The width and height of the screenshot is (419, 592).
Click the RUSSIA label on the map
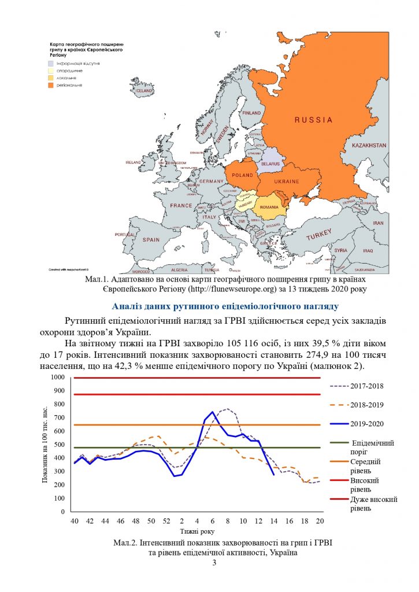click(x=313, y=120)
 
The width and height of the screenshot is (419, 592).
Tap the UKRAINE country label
click(x=287, y=182)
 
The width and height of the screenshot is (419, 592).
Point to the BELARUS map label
click(x=270, y=164)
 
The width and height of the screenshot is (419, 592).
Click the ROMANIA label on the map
click(x=269, y=207)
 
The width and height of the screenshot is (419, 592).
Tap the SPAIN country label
click(x=151, y=239)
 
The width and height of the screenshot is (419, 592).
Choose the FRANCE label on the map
click(x=181, y=205)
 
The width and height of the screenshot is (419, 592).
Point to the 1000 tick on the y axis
click(x=57, y=378)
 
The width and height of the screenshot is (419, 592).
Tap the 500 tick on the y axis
click(x=58, y=445)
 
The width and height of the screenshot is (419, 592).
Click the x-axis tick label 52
click(x=166, y=521)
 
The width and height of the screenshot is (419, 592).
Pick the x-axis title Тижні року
click(x=196, y=531)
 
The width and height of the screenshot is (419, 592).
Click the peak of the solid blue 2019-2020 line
click(x=212, y=412)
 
